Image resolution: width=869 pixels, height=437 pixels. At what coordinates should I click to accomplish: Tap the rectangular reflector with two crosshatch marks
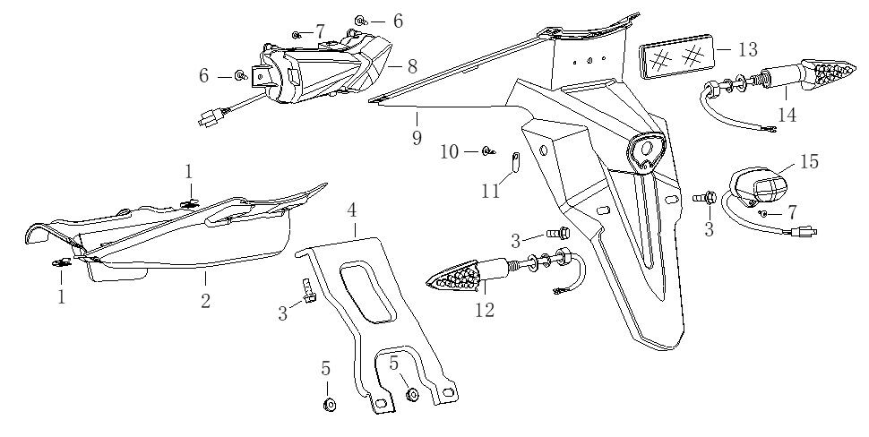pos(676,56)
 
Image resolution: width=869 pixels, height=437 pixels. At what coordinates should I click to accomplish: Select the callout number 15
pos(809,162)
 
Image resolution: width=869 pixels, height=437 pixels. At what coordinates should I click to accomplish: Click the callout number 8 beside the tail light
pos(412,66)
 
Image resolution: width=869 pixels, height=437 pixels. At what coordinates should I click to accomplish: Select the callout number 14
pos(787,114)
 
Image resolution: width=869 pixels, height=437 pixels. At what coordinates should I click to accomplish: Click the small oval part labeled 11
pos(516,162)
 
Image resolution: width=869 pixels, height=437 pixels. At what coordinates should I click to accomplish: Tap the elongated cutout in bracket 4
pos(366,289)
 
